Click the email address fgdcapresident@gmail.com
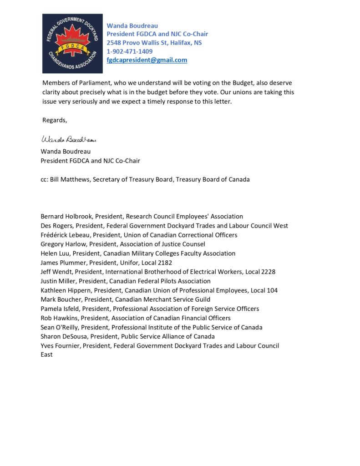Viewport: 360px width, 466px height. coord(147,60)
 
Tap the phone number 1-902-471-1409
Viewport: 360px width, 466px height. coord(130,51)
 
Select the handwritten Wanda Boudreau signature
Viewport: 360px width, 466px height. coord(69,139)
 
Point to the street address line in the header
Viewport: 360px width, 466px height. coord(154,43)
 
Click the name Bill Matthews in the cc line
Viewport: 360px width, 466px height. coord(70,179)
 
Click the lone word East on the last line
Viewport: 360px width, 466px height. coord(46,355)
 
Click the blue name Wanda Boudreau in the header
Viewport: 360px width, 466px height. coord(132,25)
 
